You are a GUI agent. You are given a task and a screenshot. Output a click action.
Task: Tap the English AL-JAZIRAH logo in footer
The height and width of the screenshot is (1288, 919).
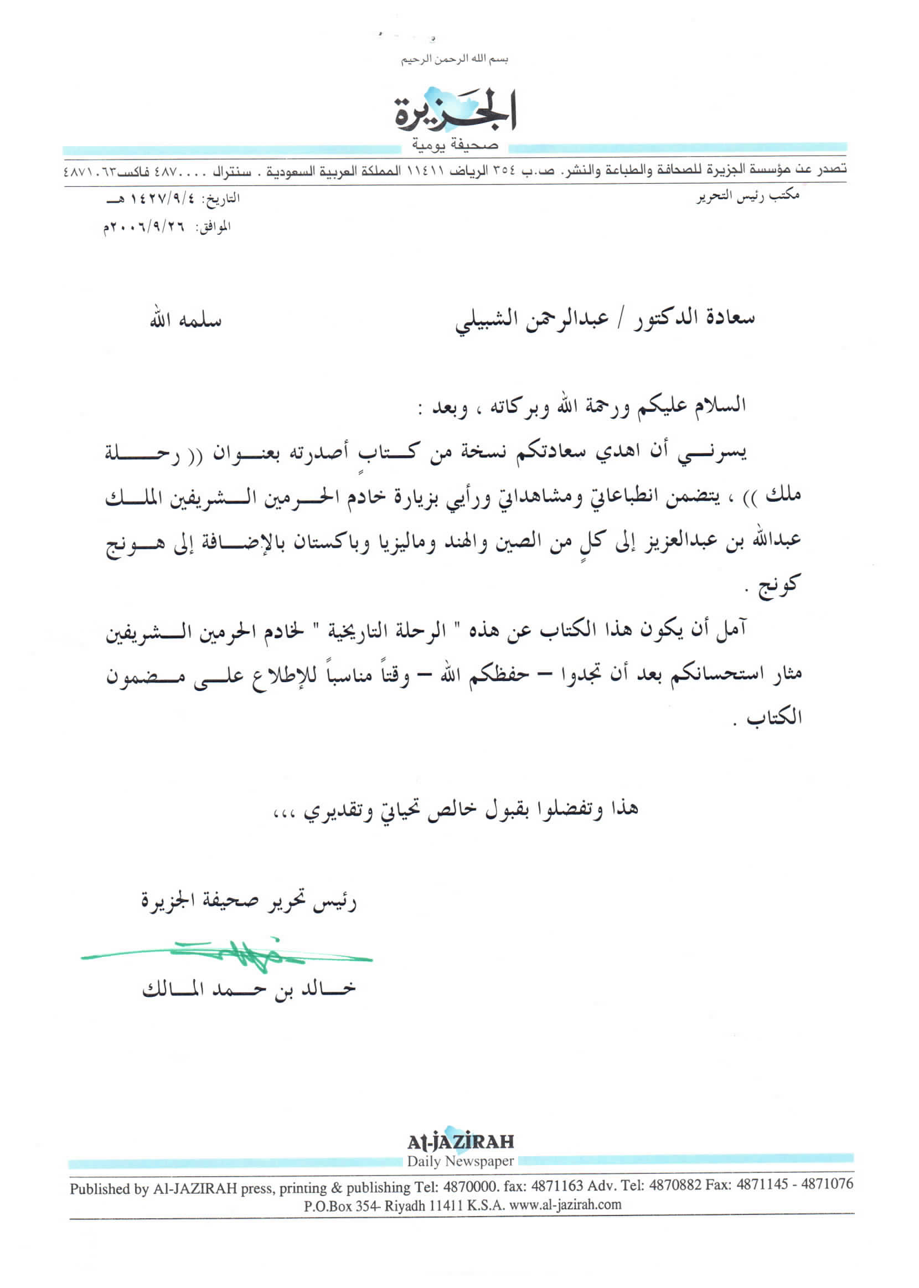(460, 1141)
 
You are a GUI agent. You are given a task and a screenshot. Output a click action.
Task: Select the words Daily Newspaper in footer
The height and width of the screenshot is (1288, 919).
(460, 1161)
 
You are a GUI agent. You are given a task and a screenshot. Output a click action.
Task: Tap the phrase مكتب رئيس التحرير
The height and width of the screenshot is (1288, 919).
(747, 196)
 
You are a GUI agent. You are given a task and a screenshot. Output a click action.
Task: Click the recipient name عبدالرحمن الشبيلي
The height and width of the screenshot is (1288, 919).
(532, 320)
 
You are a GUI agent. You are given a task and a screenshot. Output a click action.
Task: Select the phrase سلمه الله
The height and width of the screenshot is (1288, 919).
(185, 321)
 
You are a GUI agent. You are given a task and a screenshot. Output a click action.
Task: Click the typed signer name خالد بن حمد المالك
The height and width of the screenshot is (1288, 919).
(249, 1004)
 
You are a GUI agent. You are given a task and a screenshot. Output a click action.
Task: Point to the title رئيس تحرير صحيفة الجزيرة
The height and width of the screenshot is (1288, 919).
(249, 900)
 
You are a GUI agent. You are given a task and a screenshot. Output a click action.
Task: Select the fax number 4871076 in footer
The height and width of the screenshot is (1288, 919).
(828, 1184)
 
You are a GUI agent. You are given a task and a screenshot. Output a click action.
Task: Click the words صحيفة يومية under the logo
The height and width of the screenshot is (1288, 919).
(455, 146)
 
